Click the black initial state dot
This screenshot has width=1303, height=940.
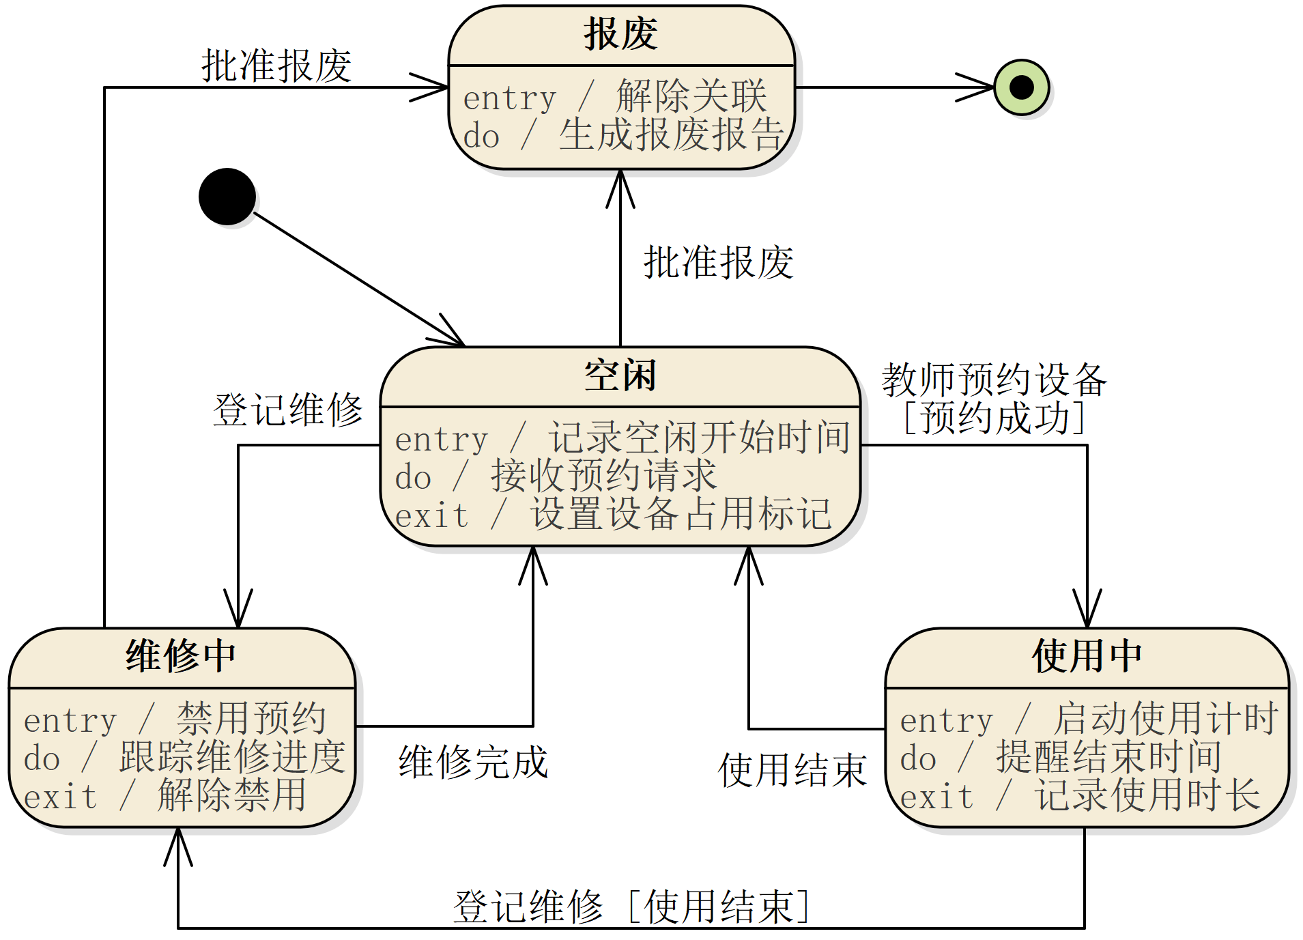(x=227, y=197)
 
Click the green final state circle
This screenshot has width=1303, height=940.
(x=1021, y=87)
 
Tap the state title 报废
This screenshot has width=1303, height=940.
(x=620, y=35)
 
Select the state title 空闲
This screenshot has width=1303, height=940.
(x=620, y=376)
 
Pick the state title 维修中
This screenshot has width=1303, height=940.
(x=181, y=656)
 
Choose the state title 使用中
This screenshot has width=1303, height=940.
(x=1087, y=656)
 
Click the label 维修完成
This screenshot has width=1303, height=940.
(x=473, y=763)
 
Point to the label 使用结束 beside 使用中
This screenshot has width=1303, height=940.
(x=792, y=771)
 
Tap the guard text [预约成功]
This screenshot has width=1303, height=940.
(x=994, y=418)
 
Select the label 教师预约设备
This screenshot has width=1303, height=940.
(x=994, y=380)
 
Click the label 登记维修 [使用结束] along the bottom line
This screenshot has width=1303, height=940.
(x=631, y=907)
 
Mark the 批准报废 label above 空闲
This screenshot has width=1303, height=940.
(x=718, y=262)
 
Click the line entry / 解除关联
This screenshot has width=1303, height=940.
(x=614, y=97)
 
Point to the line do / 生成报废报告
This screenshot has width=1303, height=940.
(x=622, y=135)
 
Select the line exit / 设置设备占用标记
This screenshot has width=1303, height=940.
(x=613, y=515)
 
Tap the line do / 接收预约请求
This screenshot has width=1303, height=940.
(x=556, y=476)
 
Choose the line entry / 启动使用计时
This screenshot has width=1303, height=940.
(x=1088, y=720)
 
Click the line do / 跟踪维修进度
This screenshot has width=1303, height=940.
(x=184, y=758)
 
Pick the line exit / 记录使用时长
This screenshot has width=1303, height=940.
(x=1080, y=796)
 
